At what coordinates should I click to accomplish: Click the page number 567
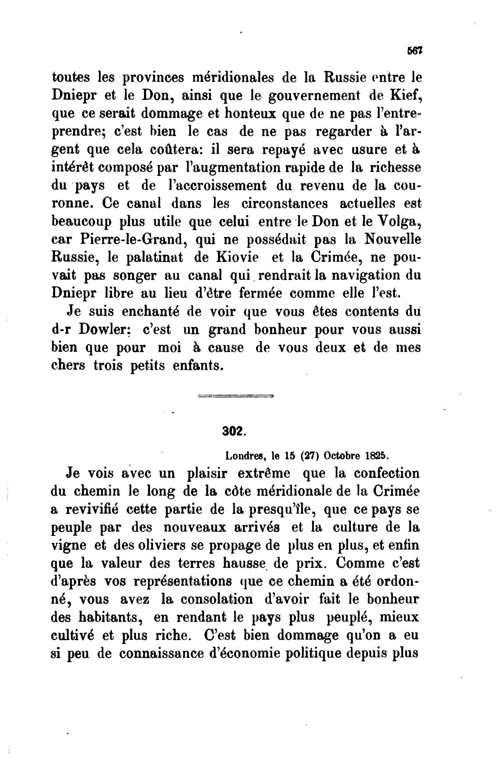click(414, 51)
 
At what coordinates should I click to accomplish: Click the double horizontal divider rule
click(236, 397)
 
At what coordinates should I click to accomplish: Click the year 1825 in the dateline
click(378, 455)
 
